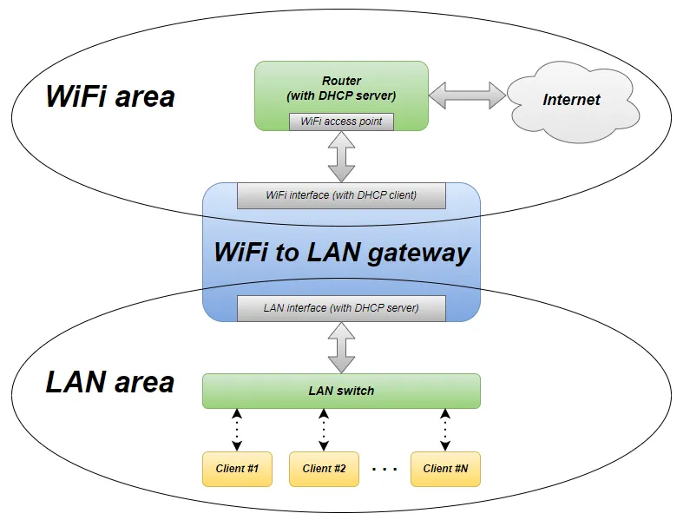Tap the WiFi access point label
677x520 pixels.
[x=341, y=122]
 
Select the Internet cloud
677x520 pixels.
[x=572, y=100]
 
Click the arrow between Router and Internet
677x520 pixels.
[x=467, y=95]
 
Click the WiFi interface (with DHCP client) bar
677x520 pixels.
[x=341, y=195]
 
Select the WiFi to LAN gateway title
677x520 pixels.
[x=341, y=253]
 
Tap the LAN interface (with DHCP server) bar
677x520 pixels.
[x=341, y=308]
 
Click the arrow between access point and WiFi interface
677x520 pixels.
[x=341, y=157]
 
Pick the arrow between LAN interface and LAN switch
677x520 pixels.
[x=341, y=347]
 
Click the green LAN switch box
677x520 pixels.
[x=341, y=391]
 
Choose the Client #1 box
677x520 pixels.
[x=237, y=469]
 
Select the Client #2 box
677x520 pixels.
[x=324, y=469]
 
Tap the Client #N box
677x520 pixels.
[x=445, y=469]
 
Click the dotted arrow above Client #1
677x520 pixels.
[x=237, y=430]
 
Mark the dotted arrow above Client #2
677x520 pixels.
[x=324, y=430]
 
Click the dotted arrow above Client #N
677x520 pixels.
[x=445, y=430]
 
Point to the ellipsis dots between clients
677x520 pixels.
[x=384, y=471]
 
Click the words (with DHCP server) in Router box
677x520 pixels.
[x=341, y=95]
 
